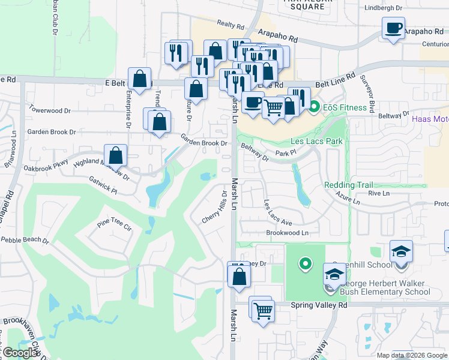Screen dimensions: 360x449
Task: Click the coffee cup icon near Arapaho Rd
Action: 393,28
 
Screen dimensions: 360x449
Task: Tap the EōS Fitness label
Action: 346,107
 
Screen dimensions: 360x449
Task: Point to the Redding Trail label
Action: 349,185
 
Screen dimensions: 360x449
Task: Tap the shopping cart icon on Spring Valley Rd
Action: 263,311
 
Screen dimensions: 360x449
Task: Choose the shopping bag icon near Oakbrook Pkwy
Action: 116,156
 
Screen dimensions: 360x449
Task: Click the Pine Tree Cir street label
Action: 114,226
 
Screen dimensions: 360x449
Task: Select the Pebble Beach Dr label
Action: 25,240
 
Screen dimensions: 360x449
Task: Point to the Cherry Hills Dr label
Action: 216,208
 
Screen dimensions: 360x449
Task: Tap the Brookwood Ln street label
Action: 287,233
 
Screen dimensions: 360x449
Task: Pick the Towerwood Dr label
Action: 50,110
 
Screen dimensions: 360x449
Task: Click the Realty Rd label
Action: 231,25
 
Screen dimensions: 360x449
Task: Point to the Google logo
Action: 20,353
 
